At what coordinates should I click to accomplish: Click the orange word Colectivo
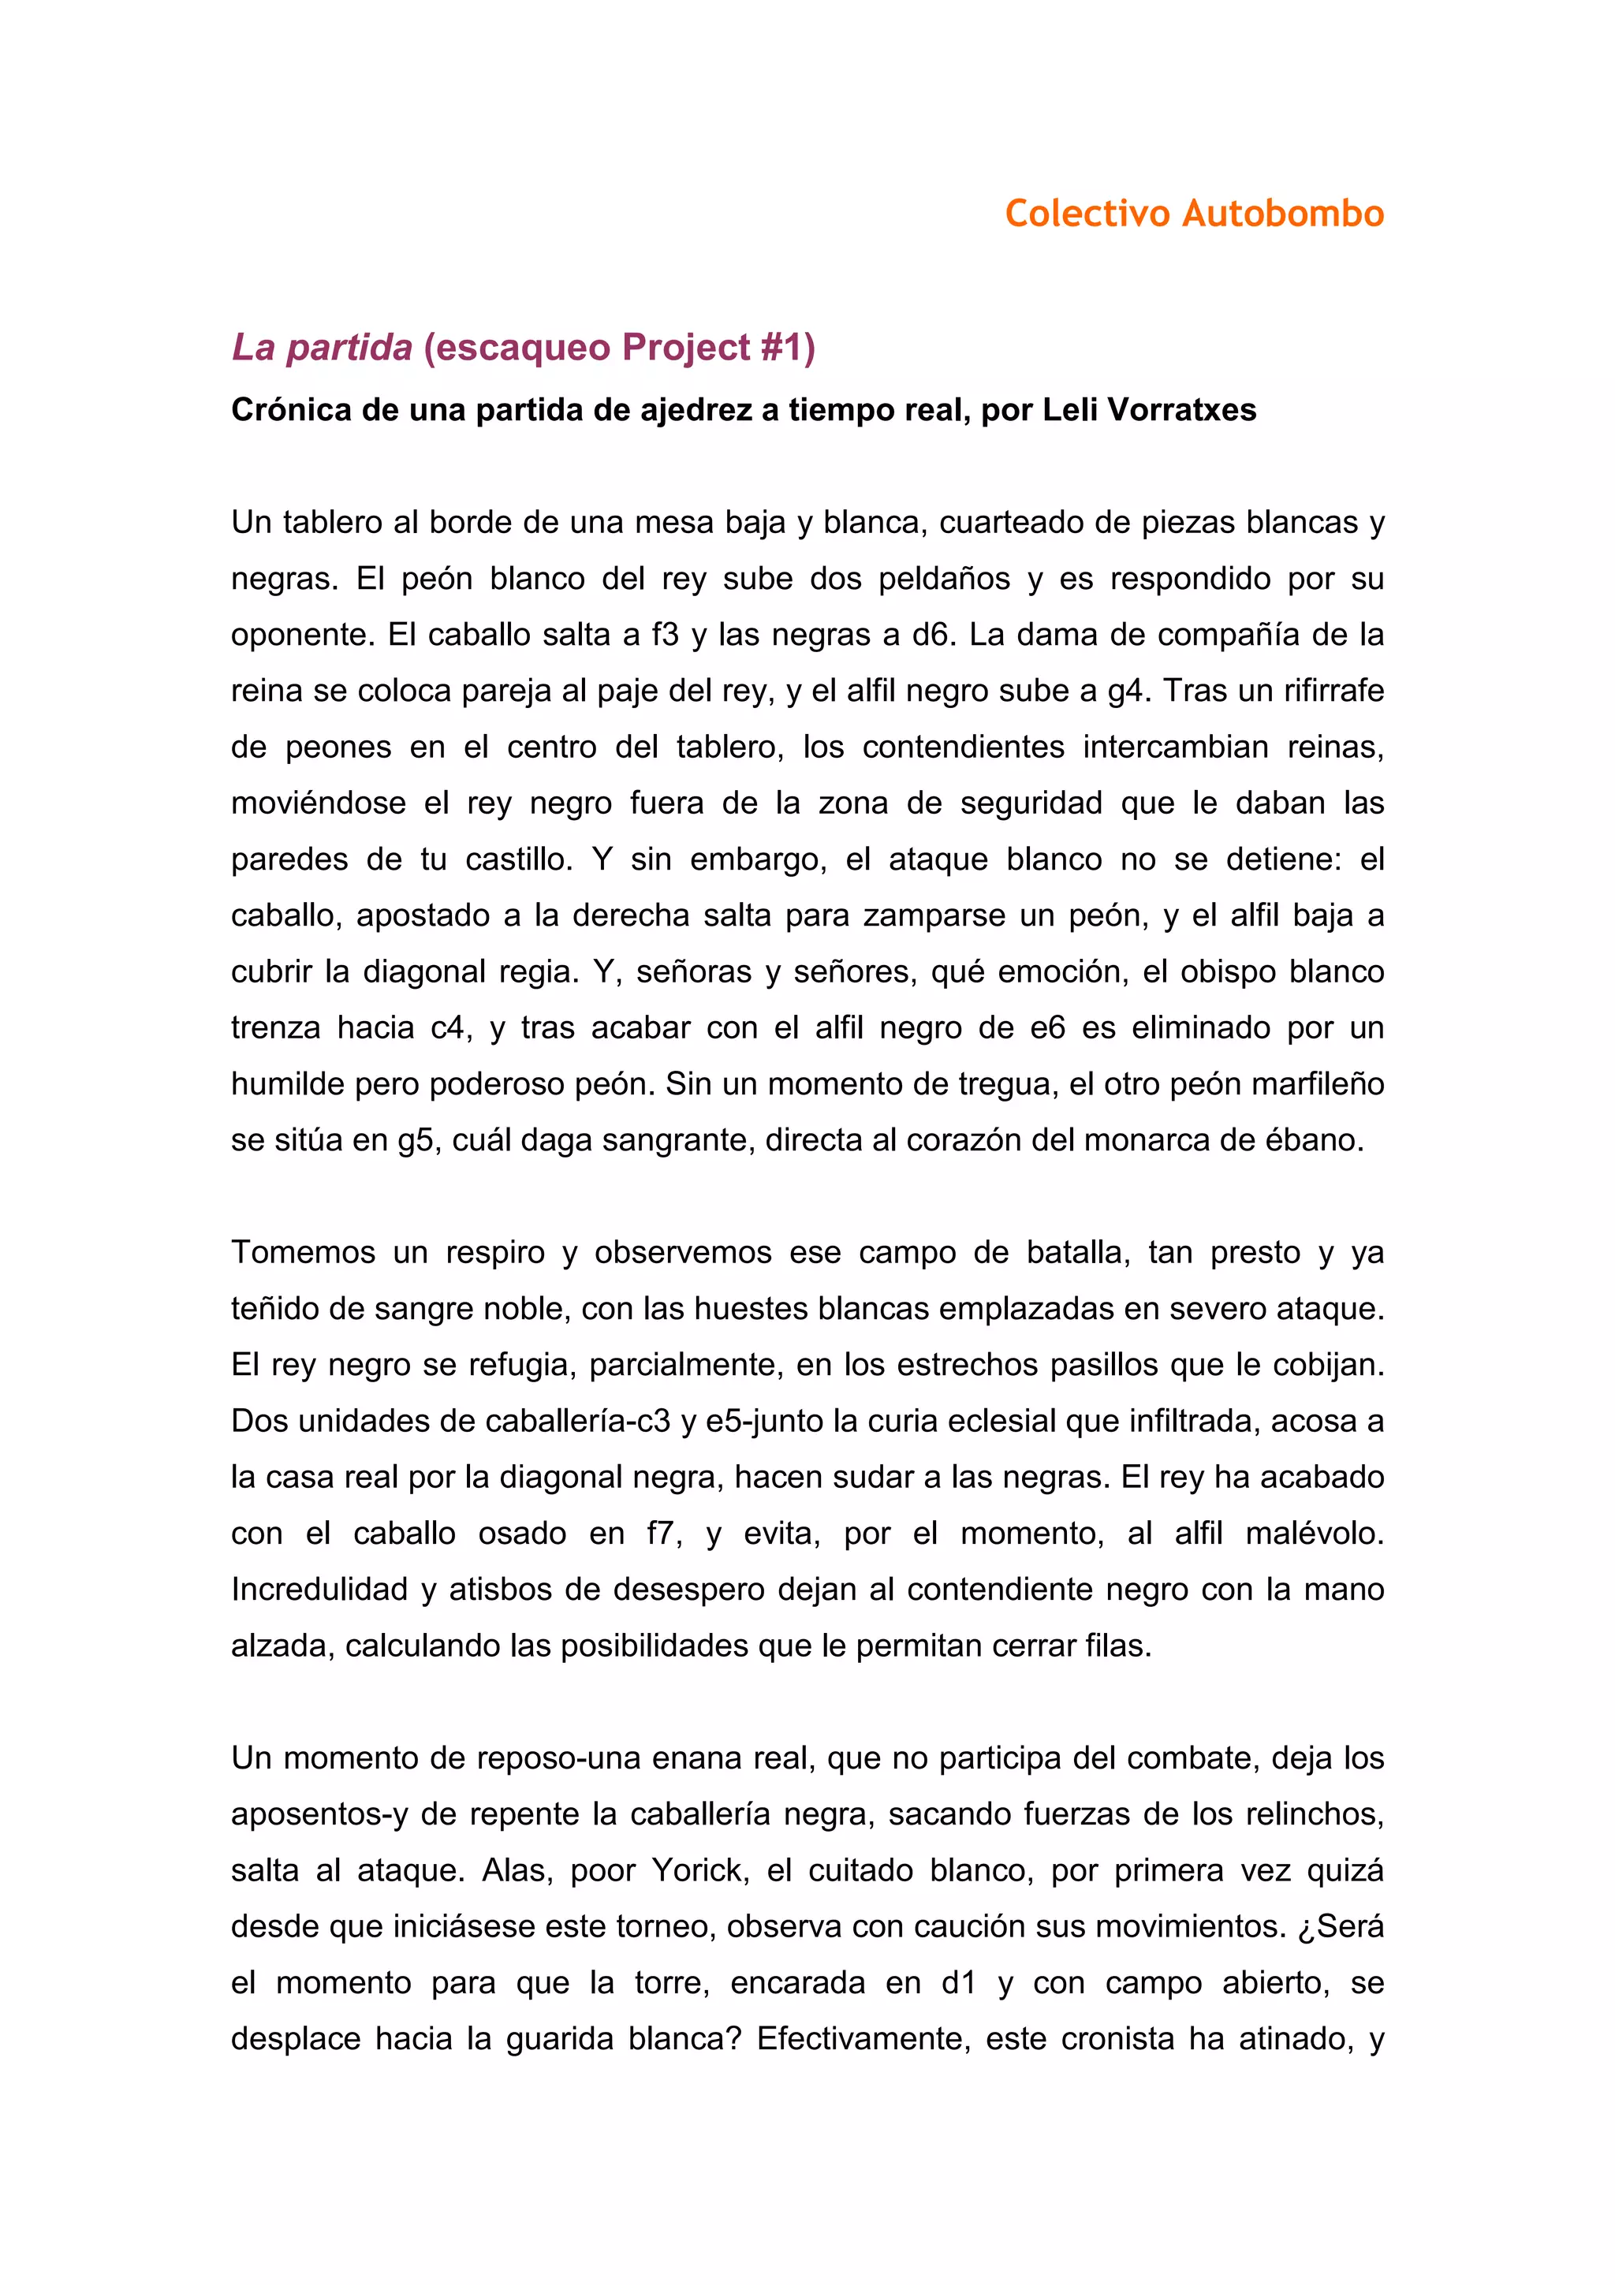click(1087, 213)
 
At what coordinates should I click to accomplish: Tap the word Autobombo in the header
click(1283, 213)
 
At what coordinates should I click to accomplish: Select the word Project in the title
click(685, 348)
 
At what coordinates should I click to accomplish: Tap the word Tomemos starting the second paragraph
click(304, 1253)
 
